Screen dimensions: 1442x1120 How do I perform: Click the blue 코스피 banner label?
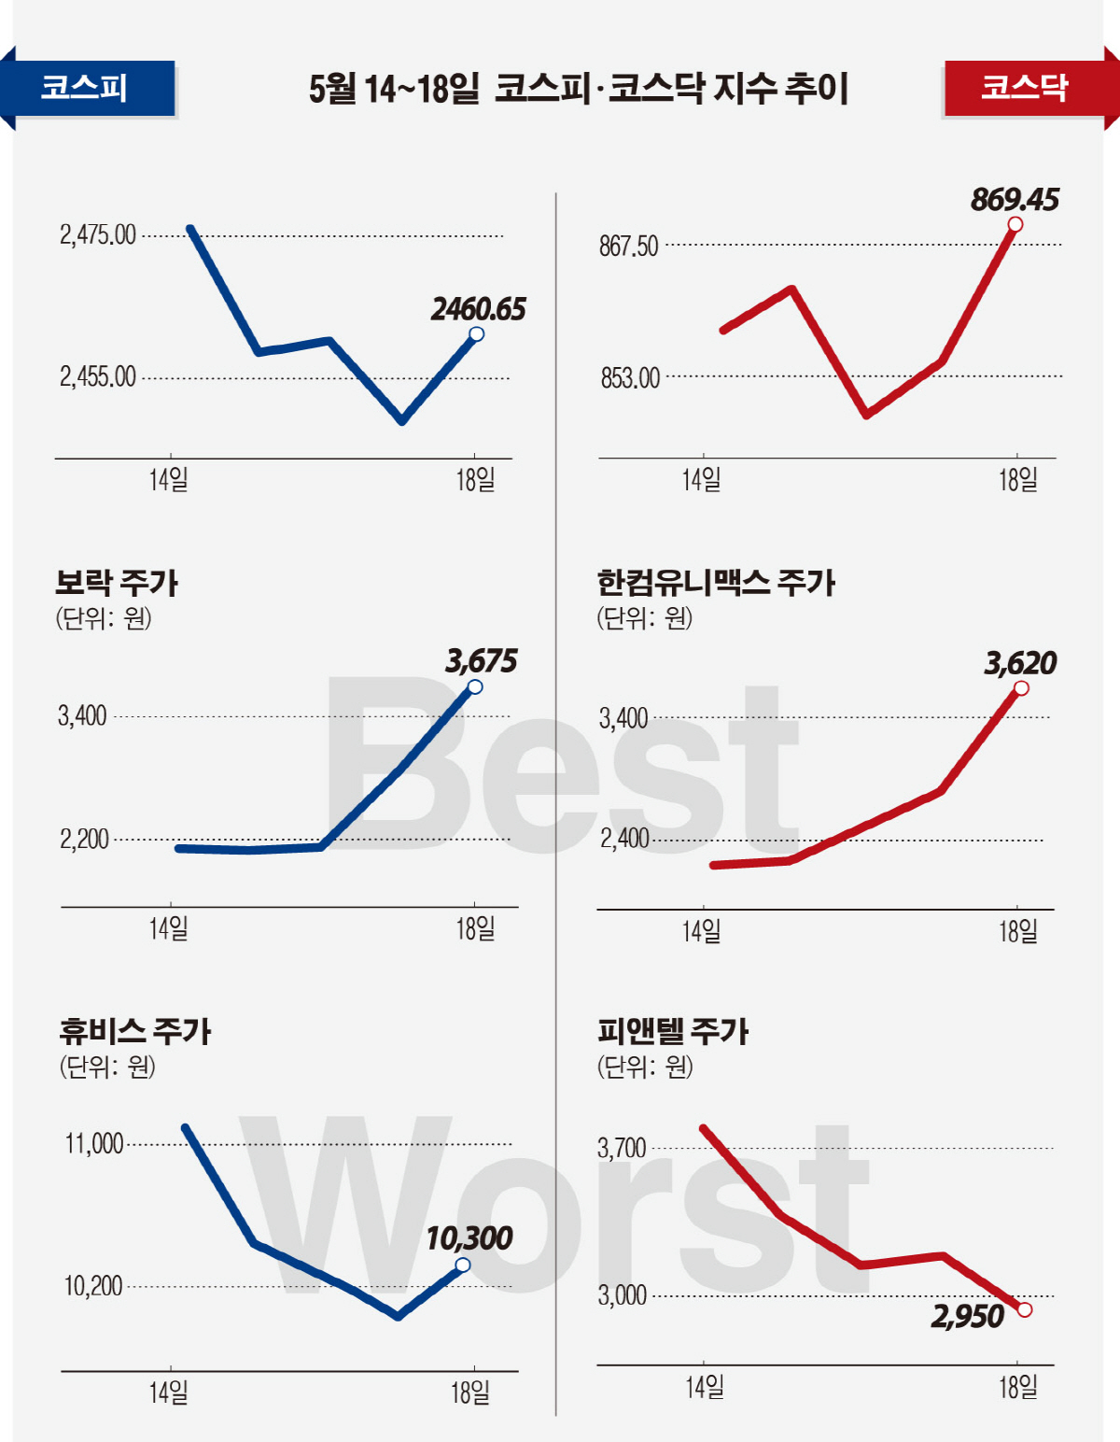[x=85, y=88]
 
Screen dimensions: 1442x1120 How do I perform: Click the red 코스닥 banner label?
[x=1024, y=88]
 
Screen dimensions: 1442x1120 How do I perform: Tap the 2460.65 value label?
[x=478, y=309]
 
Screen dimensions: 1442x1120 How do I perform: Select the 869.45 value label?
[x=1015, y=200]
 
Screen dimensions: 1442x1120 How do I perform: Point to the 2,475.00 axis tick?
[x=98, y=234]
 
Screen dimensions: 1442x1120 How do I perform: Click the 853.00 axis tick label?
[x=630, y=378]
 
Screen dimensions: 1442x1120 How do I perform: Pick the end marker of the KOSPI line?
[x=476, y=333]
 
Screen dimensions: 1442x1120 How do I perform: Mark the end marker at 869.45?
[x=1015, y=224]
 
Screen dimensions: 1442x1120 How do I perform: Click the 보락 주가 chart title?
[x=117, y=583]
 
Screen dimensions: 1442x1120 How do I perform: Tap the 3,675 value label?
[x=481, y=661]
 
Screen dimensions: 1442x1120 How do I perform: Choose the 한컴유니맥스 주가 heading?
[x=716, y=583]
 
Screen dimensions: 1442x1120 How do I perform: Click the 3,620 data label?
[x=1020, y=663]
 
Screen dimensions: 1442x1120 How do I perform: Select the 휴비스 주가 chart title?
[x=135, y=1031]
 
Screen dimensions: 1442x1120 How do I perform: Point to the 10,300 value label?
[x=469, y=1238]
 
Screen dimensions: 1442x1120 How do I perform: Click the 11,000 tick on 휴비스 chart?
[x=93, y=1143]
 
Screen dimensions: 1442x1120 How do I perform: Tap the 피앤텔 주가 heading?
[x=673, y=1031]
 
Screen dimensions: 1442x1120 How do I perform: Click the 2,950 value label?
[x=967, y=1317]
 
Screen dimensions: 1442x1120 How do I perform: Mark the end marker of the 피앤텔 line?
[x=1025, y=1309]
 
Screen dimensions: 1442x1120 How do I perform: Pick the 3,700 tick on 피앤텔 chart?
[x=622, y=1148]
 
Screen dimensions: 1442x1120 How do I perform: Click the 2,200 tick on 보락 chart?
[x=84, y=839]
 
